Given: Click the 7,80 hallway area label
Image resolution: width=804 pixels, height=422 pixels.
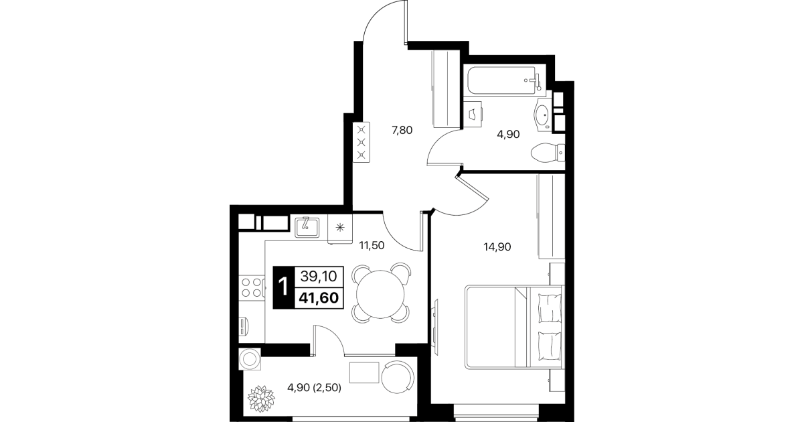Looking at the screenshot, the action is click(402, 130).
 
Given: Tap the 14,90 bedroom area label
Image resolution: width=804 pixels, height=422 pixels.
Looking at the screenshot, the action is click(497, 247).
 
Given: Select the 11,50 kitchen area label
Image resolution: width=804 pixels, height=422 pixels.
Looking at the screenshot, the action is click(372, 246).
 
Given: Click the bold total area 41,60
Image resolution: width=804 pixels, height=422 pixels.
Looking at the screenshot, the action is click(319, 297).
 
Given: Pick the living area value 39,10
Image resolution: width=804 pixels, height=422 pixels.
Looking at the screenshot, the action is click(319, 277).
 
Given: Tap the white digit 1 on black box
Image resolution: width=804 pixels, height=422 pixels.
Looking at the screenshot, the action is click(284, 287).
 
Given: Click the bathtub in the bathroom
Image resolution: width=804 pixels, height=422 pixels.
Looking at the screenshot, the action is click(505, 81).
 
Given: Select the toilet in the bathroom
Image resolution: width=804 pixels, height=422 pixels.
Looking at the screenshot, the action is click(548, 152).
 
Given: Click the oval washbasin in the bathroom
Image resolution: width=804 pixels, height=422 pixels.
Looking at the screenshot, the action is click(543, 115).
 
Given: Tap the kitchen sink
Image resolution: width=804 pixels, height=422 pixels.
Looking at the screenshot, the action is click(307, 228).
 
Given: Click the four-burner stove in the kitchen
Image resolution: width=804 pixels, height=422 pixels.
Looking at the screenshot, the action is click(251, 287).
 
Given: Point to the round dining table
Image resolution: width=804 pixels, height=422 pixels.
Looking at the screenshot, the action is click(380, 294).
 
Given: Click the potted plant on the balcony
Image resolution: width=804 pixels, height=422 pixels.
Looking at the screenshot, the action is click(261, 399).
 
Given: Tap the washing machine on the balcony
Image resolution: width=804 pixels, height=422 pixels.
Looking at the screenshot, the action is click(250, 359).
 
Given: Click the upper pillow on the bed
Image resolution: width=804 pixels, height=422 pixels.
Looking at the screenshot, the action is click(549, 307).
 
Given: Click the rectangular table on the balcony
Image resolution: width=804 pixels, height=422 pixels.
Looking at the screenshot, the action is click(364, 373).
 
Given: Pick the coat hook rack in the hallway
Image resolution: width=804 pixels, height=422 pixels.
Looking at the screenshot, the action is click(361, 142).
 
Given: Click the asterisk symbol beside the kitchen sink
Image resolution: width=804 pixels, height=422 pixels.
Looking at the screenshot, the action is click(340, 227).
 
